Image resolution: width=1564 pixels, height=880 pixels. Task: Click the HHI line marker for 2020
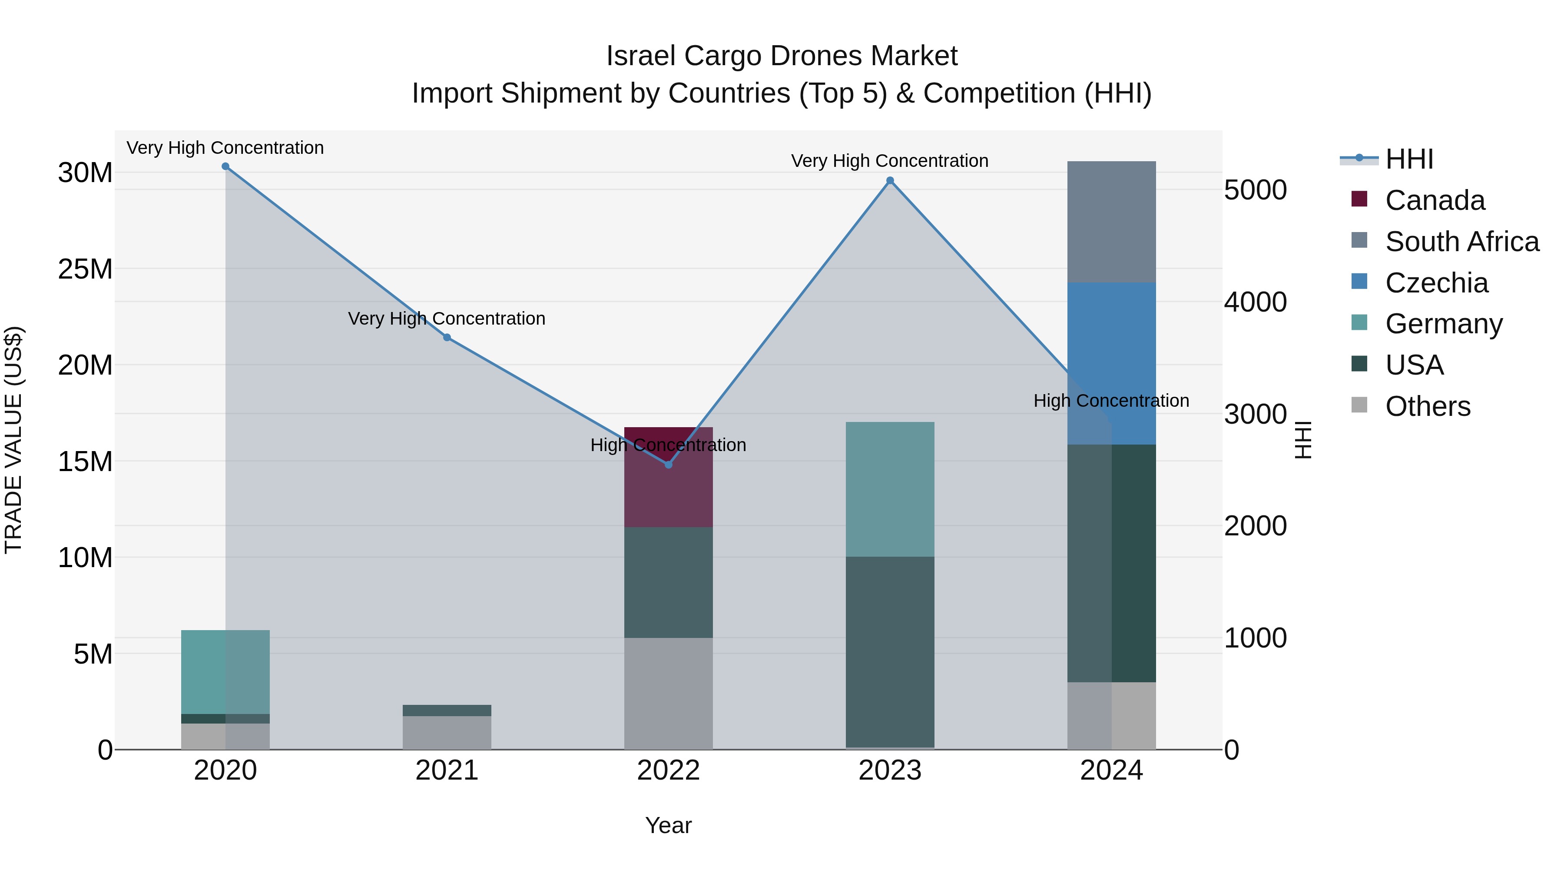(x=225, y=166)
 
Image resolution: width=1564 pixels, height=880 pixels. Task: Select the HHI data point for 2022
(x=669, y=465)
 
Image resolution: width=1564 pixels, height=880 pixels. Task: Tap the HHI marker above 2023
(x=890, y=180)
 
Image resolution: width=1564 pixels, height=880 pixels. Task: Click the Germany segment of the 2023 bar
(x=890, y=489)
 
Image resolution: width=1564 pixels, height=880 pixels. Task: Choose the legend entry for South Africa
(x=1462, y=242)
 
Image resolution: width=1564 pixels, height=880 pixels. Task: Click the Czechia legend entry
(x=1437, y=283)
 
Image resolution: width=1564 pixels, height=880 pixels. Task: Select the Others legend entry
(x=1428, y=406)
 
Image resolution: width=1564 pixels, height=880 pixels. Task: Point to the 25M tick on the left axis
(x=85, y=269)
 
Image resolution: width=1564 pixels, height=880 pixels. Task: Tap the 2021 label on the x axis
(x=447, y=770)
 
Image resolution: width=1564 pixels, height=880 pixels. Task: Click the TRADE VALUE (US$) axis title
(x=13, y=440)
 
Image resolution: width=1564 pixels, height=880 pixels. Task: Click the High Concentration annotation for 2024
(x=1110, y=401)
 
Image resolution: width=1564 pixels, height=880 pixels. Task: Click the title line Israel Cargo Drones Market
(x=782, y=56)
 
